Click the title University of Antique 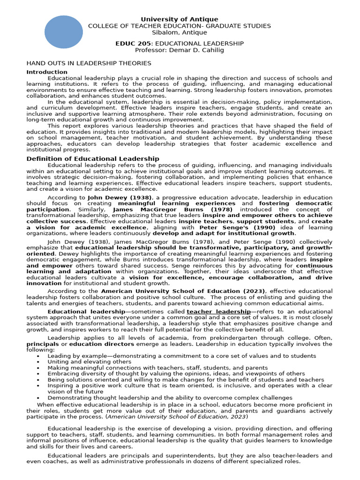[x=180, y=19]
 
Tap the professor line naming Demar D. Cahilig [x=180, y=50]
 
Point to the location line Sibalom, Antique [x=180, y=32]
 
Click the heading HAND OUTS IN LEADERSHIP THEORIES [x=89, y=63]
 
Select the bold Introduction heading [x=47, y=72]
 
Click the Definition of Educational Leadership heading [x=93, y=159]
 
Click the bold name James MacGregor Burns [x=150, y=210]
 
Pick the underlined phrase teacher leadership [x=218, y=312]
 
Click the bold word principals [x=43, y=344]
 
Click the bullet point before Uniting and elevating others [x=37, y=362]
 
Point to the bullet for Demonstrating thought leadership [x=37, y=397]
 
